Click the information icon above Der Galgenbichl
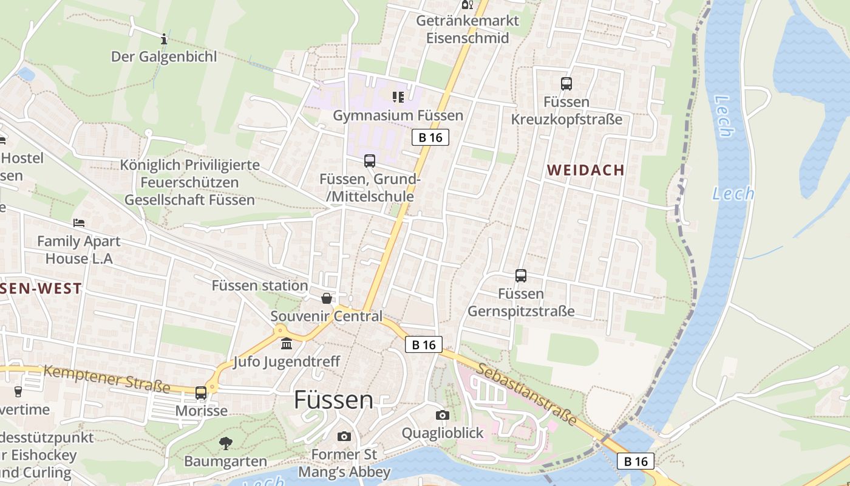[x=164, y=39]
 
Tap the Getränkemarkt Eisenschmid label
[x=467, y=29]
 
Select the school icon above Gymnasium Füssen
[x=398, y=97]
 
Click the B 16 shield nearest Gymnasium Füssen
[x=430, y=137]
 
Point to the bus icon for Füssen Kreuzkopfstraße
[x=566, y=84]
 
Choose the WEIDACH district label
[x=586, y=170]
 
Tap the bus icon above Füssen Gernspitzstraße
[x=521, y=276]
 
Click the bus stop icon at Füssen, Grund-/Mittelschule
[x=370, y=161]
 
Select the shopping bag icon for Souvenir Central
[x=327, y=298]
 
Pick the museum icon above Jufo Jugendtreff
[x=287, y=344]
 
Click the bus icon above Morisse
[x=201, y=393]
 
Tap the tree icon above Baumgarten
[x=226, y=443]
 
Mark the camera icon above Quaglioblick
[x=443, y=415]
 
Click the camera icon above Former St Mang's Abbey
[x=344, y=436]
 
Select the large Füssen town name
[x=333, y=400]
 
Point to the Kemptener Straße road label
[x=107, y=378]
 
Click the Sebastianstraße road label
[x=527, y=394]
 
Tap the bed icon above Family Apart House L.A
[x=79, y=223]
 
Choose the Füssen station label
[x=260, y=286]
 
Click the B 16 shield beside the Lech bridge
[x=636, y=461]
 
